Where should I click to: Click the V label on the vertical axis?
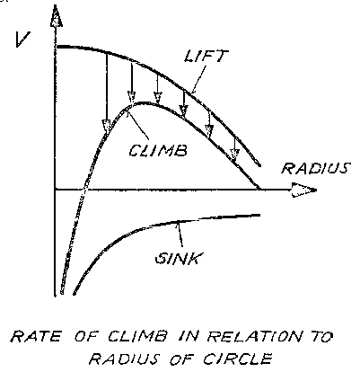23,40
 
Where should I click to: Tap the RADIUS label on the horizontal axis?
316,168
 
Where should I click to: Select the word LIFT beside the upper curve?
206,56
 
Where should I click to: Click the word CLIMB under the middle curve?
158,150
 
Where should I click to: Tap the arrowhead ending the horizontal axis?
303,190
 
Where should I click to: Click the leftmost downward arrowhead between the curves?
107,126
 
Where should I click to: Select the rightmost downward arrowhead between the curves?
235,155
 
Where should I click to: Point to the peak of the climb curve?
143,103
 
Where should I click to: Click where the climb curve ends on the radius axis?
259,189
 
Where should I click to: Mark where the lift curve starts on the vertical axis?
57,47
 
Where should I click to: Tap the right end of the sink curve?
259,215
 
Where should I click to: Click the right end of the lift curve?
259,165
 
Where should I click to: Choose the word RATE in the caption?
35,336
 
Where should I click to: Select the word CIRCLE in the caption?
238,359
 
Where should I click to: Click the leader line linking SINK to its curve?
180,236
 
